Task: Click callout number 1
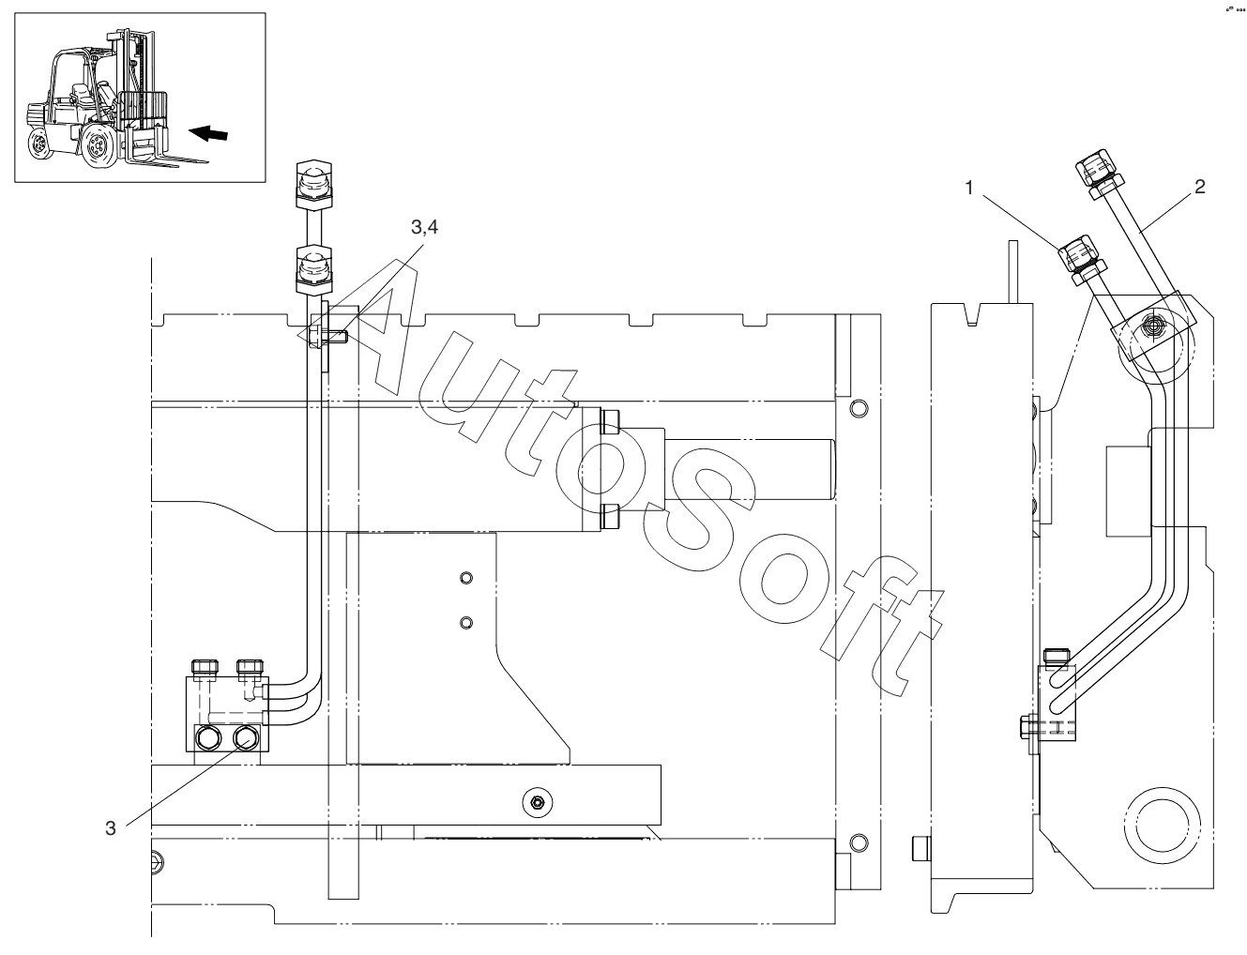tap(969, 188)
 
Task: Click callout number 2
tap(1199, 187)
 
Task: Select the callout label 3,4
tap(425, 227)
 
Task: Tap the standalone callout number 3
tap(111, 827)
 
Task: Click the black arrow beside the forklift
tap(208, 134)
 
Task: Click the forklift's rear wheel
tap(38, 144)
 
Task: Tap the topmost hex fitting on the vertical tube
tap(314, 185)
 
